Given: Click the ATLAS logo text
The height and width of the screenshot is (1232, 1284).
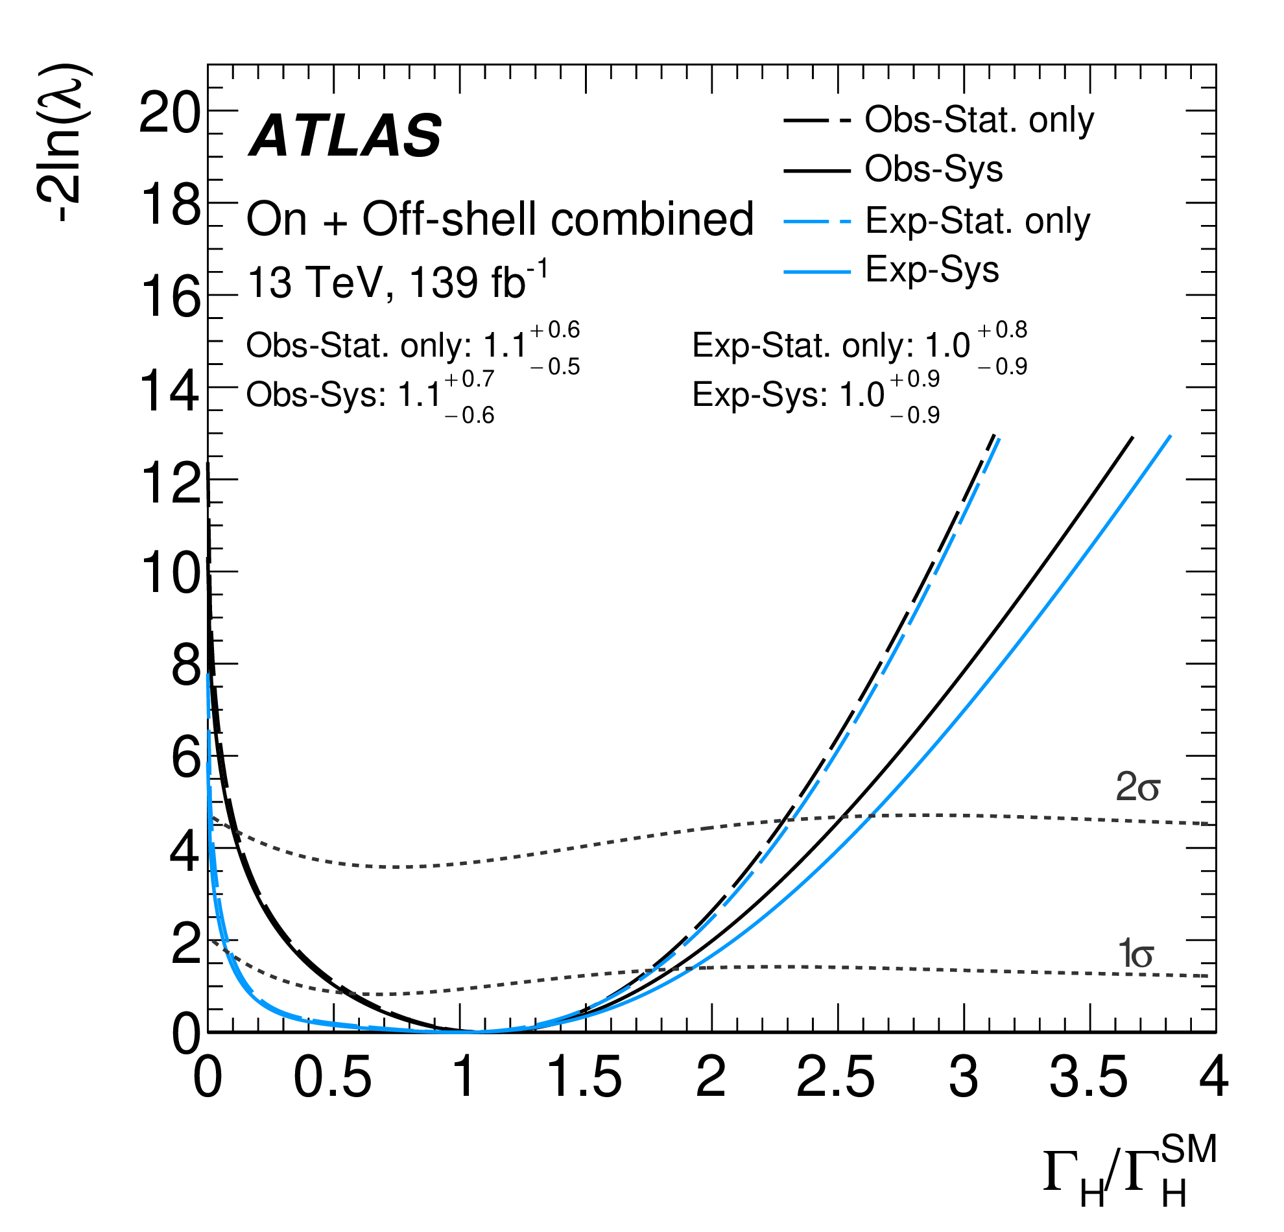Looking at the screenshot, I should [x=345, y=136].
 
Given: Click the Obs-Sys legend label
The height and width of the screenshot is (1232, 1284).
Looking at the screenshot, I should [x=933, y=169].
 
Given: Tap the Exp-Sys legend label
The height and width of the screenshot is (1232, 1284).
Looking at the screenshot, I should [x=932, y=269].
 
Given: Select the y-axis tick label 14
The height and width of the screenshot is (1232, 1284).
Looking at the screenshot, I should [x=169, y=392].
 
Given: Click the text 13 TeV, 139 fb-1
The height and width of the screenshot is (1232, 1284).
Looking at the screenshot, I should [x=396, y=282].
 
